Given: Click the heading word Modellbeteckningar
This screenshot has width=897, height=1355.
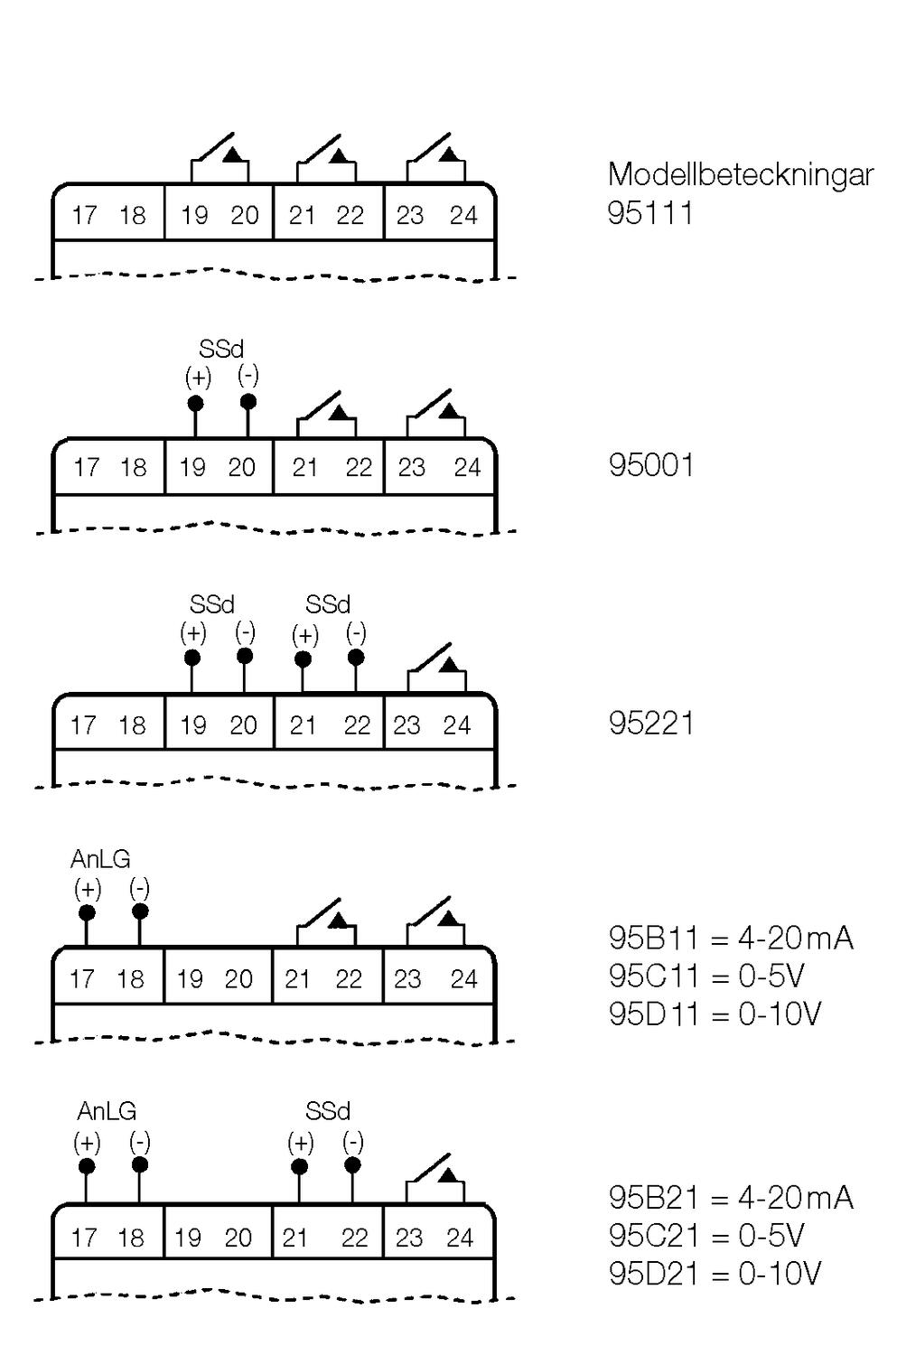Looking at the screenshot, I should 740,174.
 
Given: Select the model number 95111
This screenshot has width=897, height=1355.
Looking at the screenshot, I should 650,213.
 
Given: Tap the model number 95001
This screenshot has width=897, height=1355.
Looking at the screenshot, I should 650,466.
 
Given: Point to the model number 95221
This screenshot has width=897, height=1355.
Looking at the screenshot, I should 650,724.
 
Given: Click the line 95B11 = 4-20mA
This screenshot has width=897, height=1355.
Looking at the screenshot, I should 730,939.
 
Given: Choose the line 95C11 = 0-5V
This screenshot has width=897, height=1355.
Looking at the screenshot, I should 706,977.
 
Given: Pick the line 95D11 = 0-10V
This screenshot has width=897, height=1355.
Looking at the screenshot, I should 715,1014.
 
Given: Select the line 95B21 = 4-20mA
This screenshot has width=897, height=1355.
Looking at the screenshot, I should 730,1198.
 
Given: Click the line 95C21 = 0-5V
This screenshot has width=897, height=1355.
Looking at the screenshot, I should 706,1236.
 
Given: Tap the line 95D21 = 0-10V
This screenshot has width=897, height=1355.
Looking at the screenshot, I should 715,1274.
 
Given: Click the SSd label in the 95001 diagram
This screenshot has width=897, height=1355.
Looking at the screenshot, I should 221,349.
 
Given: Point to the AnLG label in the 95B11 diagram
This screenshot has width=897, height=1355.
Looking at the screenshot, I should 100,858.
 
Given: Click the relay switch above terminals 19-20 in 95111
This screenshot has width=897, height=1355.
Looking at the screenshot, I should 220,159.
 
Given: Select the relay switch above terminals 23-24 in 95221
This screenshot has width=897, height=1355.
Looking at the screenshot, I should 436,669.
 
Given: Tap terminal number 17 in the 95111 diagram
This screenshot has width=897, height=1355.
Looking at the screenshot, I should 84,216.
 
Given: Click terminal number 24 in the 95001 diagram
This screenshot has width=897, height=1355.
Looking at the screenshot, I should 467,468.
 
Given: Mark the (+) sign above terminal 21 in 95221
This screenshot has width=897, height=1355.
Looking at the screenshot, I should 304,635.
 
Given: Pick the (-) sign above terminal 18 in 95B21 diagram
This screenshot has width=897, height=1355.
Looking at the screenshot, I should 139,1142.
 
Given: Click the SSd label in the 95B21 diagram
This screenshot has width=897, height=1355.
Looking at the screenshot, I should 327,1111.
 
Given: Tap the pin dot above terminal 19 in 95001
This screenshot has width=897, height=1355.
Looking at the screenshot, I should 195,403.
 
